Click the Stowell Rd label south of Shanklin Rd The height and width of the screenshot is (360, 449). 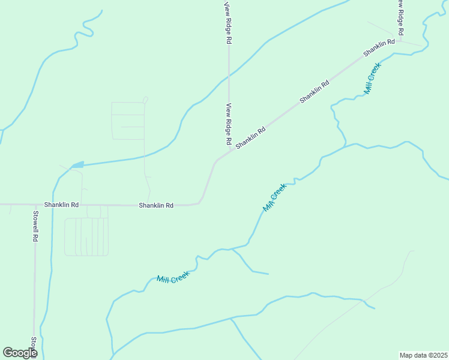coord(35,226)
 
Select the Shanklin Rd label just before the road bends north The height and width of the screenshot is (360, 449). coord(156,205)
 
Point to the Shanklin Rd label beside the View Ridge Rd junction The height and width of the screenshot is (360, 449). coord(250,138)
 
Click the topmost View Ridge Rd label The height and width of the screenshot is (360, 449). coord(228,23)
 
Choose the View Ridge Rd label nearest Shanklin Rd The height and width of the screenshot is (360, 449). coord(229,124)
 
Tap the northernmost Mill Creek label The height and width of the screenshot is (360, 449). coord(373,79)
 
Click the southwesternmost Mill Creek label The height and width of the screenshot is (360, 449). coord(173,277)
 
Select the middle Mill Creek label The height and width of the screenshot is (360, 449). coord(275,197)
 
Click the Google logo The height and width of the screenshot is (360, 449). coord(20,353)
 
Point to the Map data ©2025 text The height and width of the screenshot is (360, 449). coord(423,355)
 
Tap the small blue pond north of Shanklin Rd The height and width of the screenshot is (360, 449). coord(77,165)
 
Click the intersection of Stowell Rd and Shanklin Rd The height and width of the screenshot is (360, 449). coord(35,205)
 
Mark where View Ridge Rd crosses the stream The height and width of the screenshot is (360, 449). coord(229,76)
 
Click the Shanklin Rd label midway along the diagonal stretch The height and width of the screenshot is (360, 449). coord(315,90)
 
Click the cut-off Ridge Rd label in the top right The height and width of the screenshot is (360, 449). coord(399,17)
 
